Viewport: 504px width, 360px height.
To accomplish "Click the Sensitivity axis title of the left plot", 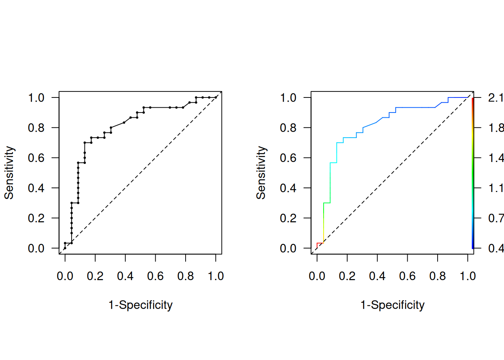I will click(9, 173).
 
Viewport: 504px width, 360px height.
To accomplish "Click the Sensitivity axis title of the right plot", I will click(261, 173).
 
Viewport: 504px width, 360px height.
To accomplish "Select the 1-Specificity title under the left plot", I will click(141, 305).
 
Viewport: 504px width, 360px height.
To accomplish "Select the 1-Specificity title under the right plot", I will click(393, 305).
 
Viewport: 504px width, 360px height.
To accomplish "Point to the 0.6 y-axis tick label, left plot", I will click(36, 158).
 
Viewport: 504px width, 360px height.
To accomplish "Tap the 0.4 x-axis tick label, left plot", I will click(125, 276).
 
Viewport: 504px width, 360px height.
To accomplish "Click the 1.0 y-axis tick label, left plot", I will click(36, 98).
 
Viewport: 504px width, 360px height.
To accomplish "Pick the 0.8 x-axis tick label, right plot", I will click(438, 276).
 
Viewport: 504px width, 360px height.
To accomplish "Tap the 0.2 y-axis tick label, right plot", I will click(288, 218).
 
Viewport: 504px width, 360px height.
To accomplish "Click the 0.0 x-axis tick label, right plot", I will click(317, 276).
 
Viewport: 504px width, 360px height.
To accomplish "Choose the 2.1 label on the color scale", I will click(495, 98).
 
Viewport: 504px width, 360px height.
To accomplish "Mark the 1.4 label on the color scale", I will click(495, 158).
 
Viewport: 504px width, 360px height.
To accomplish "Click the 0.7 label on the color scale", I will click(495, 218).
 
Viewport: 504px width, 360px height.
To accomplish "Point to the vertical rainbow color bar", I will click(473, 173).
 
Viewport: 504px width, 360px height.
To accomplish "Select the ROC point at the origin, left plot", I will click(65, 248).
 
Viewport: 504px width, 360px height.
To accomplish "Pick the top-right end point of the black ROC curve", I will click(216, 97).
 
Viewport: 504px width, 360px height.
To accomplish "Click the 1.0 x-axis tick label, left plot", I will click(216, 276).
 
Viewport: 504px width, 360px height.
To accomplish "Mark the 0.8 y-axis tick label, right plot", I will click(288, 128).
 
